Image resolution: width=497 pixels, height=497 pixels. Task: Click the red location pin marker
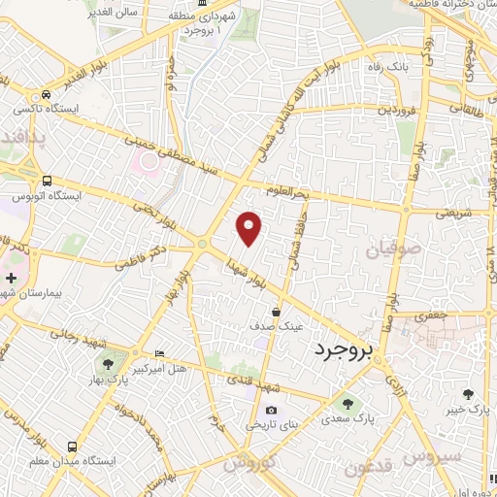249,227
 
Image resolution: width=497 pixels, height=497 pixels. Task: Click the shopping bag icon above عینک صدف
278,313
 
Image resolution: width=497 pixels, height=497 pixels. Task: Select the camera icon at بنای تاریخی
270,412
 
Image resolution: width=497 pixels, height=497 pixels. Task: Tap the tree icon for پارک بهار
107,365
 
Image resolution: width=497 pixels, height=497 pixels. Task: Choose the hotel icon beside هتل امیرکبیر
159,352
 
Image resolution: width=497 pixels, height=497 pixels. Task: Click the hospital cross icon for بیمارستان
11,279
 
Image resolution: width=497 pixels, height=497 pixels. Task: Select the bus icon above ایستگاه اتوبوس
47,181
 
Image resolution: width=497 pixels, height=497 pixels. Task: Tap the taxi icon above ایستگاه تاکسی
46,95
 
